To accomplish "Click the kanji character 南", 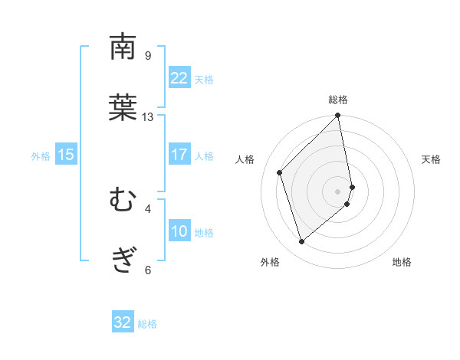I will click(123, 47).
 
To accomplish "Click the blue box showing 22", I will click(179, 78).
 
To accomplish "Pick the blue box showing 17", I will click(179, 155).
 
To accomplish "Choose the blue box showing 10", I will click(179, 232).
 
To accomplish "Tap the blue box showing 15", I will click(66, 155).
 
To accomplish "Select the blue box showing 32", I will click(123, 322).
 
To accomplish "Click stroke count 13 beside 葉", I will click(148, 117).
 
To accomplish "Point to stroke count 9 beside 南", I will click(148, 56).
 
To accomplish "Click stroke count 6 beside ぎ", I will click(148, 270).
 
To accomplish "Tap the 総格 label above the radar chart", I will click(338, 100).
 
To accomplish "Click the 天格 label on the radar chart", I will click(432, 159).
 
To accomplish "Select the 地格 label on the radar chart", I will click(402, 263).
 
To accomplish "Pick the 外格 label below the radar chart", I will click(270, 263).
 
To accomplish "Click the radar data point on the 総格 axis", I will click(338, 116).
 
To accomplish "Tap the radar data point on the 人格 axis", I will click(280, 172).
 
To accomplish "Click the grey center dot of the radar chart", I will click(338, 191).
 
